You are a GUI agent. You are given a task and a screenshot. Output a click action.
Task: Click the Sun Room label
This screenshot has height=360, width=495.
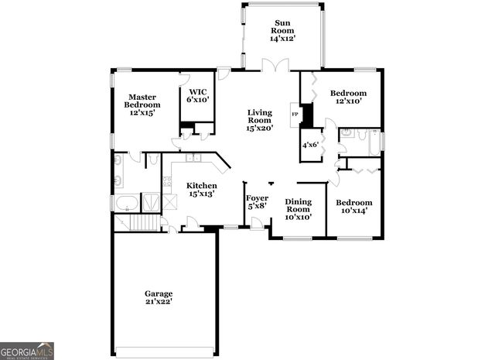282,31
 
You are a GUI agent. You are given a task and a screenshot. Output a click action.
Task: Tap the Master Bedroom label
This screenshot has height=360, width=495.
142,105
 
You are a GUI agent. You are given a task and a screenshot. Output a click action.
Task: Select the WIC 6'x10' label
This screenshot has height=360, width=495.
198,95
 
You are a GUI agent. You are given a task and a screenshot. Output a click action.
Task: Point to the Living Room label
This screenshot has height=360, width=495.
259,120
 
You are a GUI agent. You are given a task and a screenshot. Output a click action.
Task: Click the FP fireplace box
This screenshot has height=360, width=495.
294,115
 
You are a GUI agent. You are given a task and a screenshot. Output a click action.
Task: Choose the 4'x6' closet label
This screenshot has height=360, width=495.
309,144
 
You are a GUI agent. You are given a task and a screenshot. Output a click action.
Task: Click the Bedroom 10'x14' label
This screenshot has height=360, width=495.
353,207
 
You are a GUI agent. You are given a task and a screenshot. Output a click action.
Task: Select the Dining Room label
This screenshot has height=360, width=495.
298,209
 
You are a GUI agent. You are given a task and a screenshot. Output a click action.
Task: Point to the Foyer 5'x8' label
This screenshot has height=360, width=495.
256,201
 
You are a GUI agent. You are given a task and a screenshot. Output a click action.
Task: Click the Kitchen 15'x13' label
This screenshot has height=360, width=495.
200,190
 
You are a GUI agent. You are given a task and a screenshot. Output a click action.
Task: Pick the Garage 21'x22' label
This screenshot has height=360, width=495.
159,298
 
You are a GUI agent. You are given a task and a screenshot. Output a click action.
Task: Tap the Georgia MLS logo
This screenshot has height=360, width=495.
27,351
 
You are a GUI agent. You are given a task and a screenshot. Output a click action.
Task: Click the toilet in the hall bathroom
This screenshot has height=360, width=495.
348,134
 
